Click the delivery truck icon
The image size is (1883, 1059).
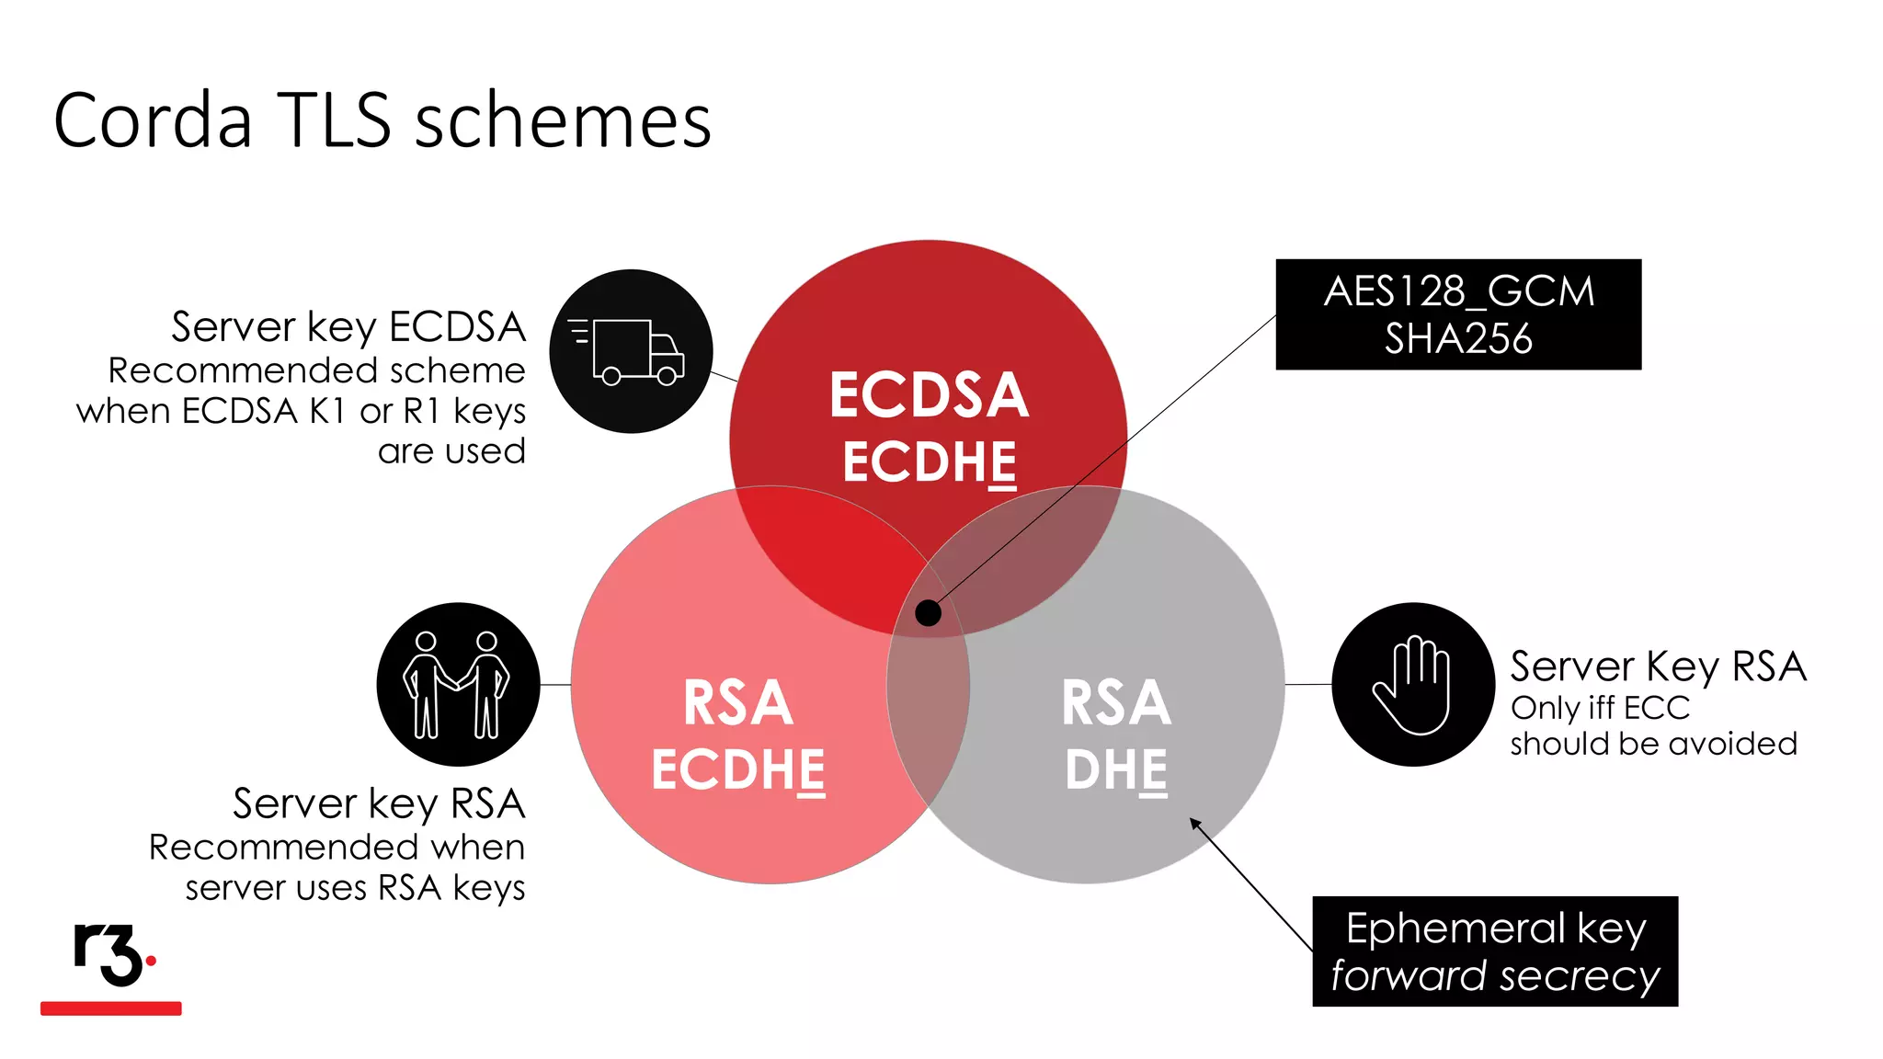pyautogui.click(x=631, y=351)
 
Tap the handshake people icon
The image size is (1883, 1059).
pyautogui.click(x=458, y=684)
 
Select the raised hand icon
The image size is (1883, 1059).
pyautogui.click(x=1413, y=684)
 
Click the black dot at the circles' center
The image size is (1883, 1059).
pyautogui.click(x=929, y=612)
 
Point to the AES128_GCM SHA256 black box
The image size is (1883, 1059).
pyautogui.click(x=1458, y=314)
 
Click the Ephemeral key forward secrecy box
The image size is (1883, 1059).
pyautogui.click(x=1495, y=951)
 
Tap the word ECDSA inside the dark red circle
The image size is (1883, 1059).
pyautogui.click(x=929, y=395)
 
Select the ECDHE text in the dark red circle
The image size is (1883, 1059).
pyautogui.click(x=929, y=461)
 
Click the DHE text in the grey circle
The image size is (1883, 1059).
pyautogui.click(x=1115, y=769)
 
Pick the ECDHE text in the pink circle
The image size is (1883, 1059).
pyautogui.click(x=737, y=769)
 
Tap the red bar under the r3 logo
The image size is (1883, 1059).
pyautogui.click(x=111, y=1008)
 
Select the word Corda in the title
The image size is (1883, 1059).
pyautogui.click(x=153, y=120)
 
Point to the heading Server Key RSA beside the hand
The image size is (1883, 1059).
pyautogui.click(x=1658, y=666)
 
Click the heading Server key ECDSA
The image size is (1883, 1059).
pyautogui.click(x=348, y=327)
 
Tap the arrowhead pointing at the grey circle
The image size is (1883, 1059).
pyautogui.click(x=1194, y=822)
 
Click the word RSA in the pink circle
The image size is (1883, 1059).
pyautogui.click(x=737, y=703)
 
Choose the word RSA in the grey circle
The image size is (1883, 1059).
pyautogui.click(x=1115, y=703)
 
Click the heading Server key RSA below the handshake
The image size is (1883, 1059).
pyautogui.click(x=379, y=803)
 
